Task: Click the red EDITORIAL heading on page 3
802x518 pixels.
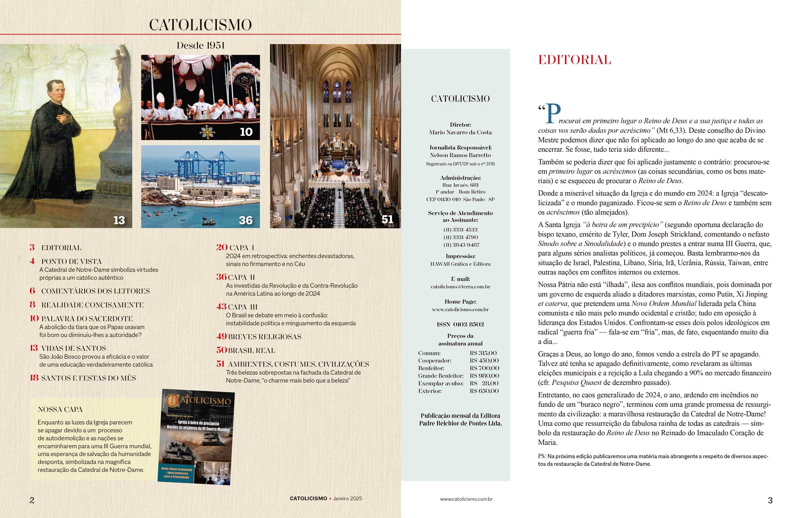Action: tap(574, 60)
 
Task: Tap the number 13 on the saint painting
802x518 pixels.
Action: tap(119, 220)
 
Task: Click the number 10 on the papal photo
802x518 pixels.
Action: tap(246, 132)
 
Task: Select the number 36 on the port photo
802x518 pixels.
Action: tap(246, 220)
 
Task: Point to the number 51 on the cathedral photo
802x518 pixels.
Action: tap(387, 219)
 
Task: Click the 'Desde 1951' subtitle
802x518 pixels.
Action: tap(200, 45)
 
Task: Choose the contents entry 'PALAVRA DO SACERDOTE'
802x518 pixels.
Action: tap(87, 319)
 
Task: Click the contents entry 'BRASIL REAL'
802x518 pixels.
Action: tap(251, 350)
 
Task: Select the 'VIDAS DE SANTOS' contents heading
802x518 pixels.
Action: tap(73, 348)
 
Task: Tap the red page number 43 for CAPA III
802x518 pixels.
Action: tap(221, 306)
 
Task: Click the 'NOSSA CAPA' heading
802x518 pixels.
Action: tap(60, 410)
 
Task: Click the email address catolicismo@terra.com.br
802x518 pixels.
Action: tap(460, 287)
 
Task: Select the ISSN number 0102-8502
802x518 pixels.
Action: tap(460, 324)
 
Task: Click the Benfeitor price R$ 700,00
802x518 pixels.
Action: tap(484, 368)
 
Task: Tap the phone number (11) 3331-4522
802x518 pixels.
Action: tap(460, 230)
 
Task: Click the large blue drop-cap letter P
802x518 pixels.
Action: tap(553, 114)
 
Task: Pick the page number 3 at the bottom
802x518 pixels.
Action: tap(770, 500)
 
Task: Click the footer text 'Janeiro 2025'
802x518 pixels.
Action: tap(348, 498)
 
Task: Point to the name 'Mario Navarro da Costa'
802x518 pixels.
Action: tap(460, 132)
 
